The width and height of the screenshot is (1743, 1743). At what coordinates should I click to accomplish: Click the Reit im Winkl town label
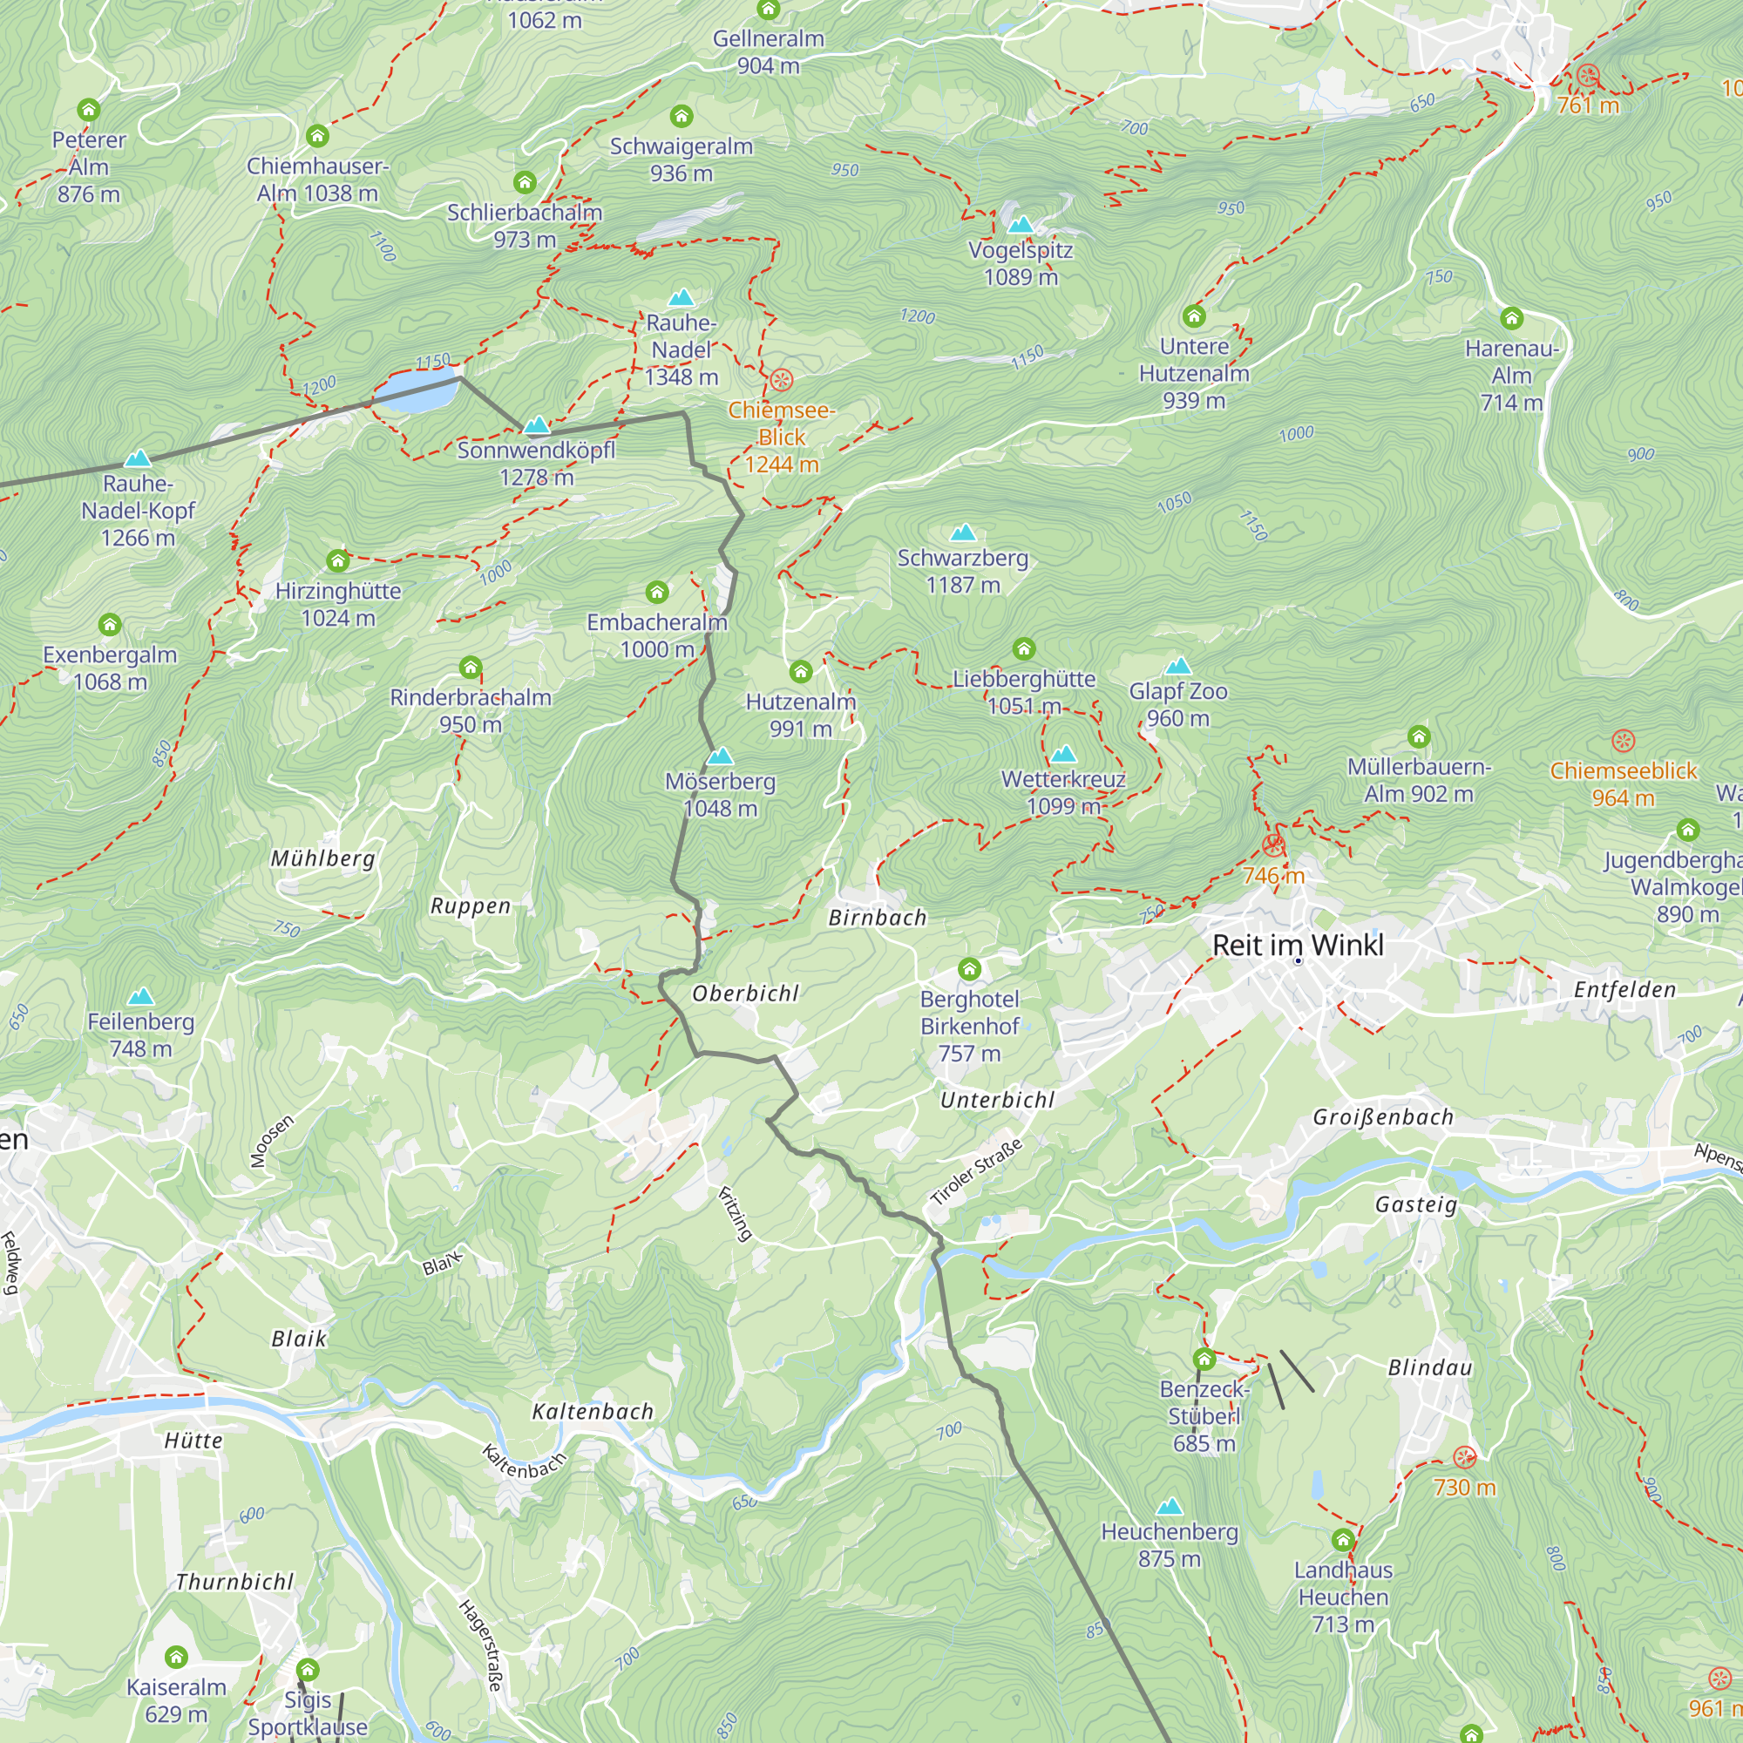pyautogui.click(x=1298, y=945)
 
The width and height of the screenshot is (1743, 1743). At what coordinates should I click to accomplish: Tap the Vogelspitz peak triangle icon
pyautogui.click(x=1021, y=224)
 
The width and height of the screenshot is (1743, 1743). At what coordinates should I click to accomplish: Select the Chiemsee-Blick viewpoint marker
pyautogui.click(x=781, y=380)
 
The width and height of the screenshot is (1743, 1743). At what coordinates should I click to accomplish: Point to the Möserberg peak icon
pyautogui.click(x=720, y=755)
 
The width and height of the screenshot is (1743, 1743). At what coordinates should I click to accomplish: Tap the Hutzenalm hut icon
pyautogui.click(x=800, y=671)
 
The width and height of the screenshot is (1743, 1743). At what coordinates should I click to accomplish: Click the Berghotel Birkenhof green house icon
pyautogui.click(x=969, y=969)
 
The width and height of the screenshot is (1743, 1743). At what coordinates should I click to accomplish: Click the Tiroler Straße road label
pyautogui.click(x=977, y=1172)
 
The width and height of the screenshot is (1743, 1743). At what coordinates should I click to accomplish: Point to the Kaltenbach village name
pyautogui.click(x=593, y=1412)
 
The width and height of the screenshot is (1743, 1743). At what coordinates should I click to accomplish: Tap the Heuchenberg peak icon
pyautogui.click(x=1170, y=1506)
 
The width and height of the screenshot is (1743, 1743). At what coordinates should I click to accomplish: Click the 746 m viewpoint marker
pyautogui.click(x=1273, y=845)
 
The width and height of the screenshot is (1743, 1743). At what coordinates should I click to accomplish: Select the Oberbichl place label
pyautogui.click(x=745, y=994)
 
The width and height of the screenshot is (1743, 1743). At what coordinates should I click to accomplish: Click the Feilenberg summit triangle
pyautogui.click(x=140, y=996)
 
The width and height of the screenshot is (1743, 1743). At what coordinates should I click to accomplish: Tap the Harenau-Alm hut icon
pyautogui.click(x=1511, y=317)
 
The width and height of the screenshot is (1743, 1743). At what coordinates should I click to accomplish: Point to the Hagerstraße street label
pyautogui.click(x=480, y=1645)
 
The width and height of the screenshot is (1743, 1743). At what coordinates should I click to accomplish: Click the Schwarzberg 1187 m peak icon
pyautogui.click(x=963, y=532)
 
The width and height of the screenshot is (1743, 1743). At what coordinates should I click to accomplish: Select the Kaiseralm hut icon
pyautogui.click(x=176, y=1657)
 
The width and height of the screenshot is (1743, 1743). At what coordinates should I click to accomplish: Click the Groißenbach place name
pyautogui.click(x=1382, y=1117)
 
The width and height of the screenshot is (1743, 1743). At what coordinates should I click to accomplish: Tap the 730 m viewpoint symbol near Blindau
pyautogui.click(x=1464, y=1456)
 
